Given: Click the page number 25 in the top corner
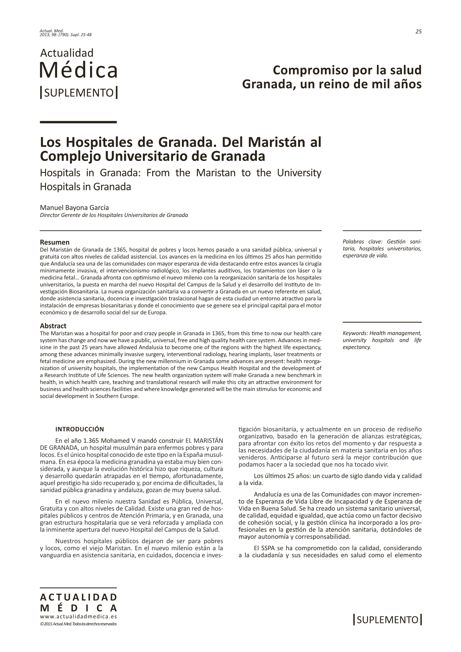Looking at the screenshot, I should [418, 32].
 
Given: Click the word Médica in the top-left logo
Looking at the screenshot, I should [78, 70].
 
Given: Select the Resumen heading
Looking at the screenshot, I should [55, 243].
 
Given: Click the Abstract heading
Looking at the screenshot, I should [53, 326].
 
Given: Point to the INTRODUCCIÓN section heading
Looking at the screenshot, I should [79, 429].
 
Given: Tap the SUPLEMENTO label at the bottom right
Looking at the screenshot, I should [388, 620].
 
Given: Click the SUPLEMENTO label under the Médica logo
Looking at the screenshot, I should [79, 93].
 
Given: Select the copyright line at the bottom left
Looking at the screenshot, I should [78, 624].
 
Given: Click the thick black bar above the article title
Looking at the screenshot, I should [78, 122].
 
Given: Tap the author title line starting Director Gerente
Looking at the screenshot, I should [114, 215].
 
